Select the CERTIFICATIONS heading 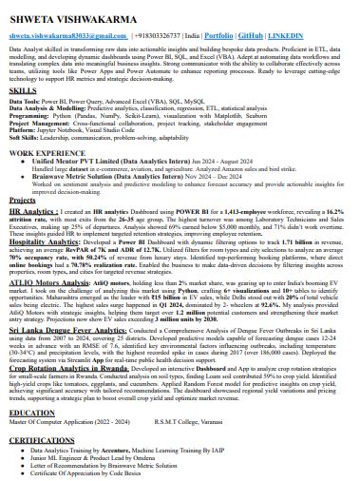click(41, 442)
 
